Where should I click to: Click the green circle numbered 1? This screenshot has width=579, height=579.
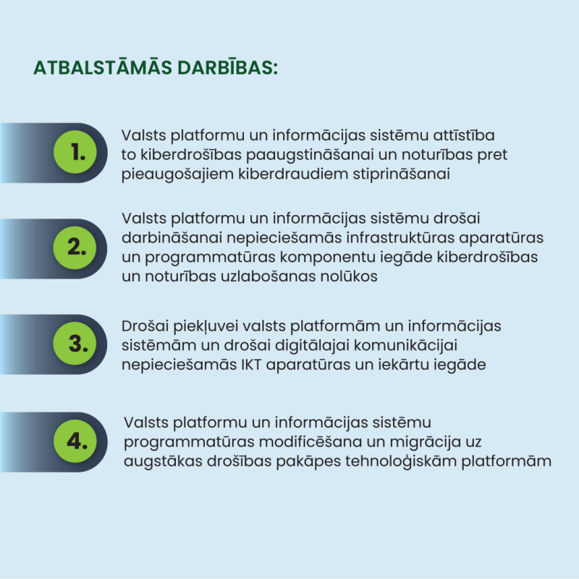[x=76, y=153]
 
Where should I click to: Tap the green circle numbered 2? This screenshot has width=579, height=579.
[x=76, y=247]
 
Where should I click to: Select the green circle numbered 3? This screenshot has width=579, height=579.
[x=76, y=344]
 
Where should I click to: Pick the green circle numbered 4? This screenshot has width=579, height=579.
[x=76, y=441]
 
